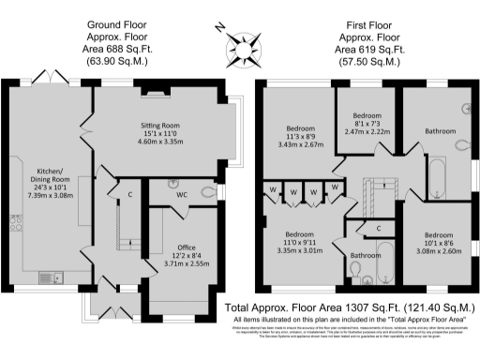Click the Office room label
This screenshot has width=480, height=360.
tap(184, 253)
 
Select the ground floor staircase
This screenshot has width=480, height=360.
tap(121, 231)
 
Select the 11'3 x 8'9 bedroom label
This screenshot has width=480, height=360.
tap(300, 138)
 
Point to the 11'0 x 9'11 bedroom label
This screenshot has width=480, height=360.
tap(299, 241)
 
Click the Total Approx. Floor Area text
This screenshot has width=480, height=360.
tap(347, 307)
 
